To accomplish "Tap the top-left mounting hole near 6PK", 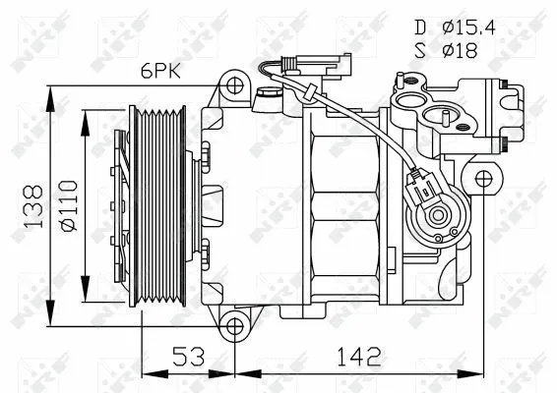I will (233, 84).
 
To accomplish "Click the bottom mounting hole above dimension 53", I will (233, 326).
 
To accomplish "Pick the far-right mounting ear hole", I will (483, 179).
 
